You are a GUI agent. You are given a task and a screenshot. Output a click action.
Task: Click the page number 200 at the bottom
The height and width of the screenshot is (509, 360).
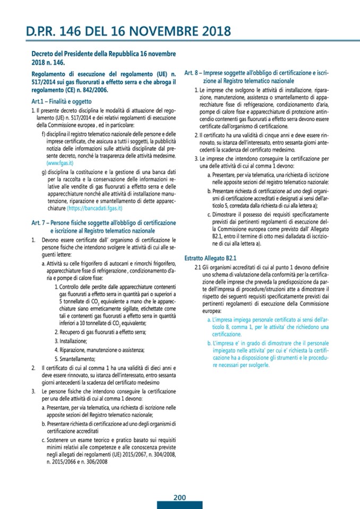coord(179,497)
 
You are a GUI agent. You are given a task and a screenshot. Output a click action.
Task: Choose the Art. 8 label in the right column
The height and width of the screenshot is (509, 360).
coord(192,72)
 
